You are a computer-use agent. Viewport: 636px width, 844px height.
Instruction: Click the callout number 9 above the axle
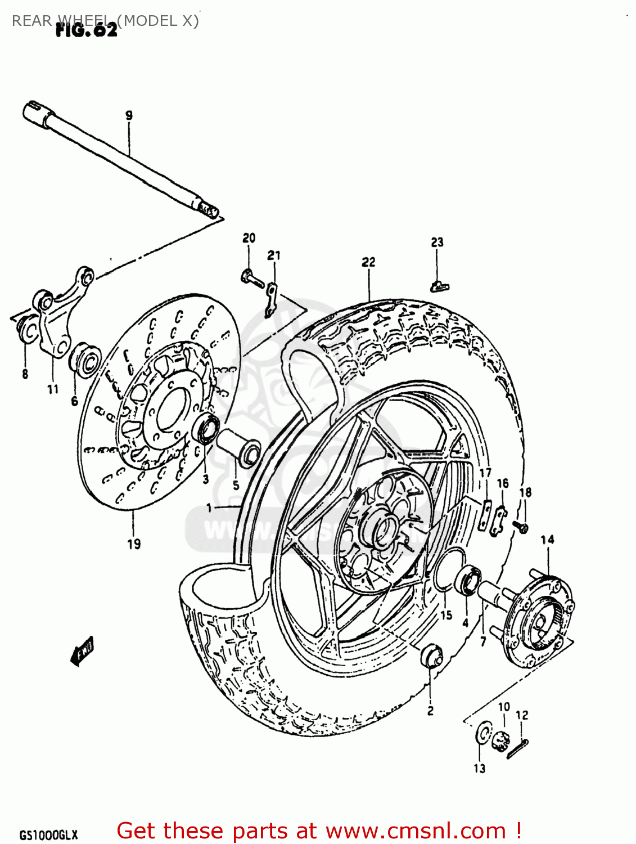pos(129,115)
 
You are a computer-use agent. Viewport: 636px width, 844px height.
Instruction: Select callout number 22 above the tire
pos(368,262)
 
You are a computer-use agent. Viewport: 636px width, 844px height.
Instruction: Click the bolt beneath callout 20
pos(252,277)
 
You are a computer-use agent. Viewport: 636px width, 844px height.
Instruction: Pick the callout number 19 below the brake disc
pos(133,544)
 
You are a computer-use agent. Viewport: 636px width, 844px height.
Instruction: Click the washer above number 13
pos(482,733)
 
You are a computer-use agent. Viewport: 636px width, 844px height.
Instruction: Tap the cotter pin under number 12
pos(517,749)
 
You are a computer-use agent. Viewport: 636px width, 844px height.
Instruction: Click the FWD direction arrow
pos(82,650)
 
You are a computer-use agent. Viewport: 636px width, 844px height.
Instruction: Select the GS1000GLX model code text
pos(48,835)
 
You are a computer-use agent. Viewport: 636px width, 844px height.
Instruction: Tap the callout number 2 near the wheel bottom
pos(430,711)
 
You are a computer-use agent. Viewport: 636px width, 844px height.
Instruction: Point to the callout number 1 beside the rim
pos(209,508)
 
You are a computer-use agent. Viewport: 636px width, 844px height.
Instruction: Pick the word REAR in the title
pos(31,21)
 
